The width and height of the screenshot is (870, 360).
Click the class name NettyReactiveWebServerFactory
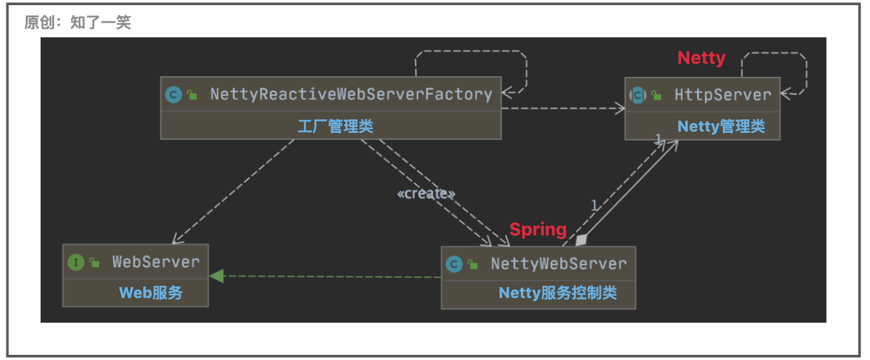point(351,95)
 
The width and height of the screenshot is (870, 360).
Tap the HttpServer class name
point(723,95)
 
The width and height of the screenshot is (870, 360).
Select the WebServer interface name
point(156,262)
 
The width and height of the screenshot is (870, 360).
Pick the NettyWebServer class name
point(558,264)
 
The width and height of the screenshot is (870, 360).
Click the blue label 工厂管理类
point(335,126)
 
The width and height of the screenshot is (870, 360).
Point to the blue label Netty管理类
point(721,126)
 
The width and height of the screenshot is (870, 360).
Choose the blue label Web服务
point(151,293)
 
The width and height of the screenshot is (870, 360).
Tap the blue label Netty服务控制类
point(558,294)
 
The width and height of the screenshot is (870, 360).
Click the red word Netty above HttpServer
point(701,58)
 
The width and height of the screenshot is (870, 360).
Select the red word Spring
point(538,229)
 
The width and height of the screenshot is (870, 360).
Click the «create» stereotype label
point(426,194)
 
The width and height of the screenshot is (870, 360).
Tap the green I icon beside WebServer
point(76,262)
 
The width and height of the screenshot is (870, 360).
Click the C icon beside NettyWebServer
point(454,264)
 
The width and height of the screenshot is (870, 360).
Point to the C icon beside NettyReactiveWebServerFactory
point(173,95)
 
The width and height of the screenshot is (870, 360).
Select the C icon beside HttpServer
point(638,95)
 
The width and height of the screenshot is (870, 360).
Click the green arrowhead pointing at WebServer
point(216,276)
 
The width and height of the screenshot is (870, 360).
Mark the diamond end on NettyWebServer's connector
point(582,240)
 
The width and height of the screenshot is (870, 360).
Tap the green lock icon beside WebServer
point(95,262)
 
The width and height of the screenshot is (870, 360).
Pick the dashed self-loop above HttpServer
point(774,54)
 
